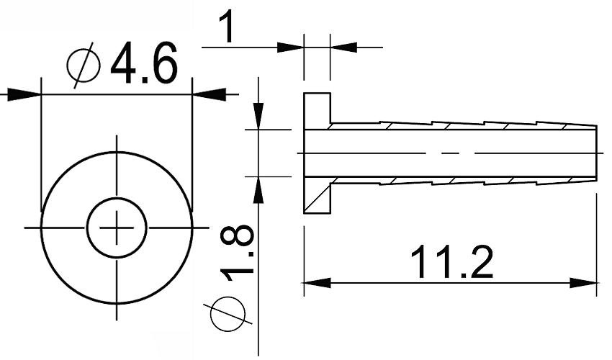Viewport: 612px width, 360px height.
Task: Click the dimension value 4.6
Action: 145,63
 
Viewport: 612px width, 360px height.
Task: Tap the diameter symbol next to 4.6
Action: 84,66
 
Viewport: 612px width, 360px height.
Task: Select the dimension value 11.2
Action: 452,261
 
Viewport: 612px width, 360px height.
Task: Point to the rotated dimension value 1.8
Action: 237,253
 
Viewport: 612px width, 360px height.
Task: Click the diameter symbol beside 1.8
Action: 228,314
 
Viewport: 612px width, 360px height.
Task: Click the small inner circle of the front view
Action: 117,228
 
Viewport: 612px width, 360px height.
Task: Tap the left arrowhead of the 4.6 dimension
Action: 24,94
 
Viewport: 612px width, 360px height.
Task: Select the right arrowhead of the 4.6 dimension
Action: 210,94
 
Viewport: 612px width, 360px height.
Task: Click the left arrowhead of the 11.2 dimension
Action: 318,283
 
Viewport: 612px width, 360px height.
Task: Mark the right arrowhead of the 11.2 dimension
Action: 583,283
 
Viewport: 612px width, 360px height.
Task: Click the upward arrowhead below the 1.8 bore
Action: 258,190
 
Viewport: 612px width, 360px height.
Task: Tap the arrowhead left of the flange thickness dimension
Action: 290,48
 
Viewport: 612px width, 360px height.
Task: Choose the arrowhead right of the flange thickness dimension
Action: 343,48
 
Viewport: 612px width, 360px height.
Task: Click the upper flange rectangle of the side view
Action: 318,112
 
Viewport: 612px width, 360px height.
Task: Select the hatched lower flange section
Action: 318,195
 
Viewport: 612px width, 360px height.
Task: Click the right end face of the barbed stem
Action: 596,153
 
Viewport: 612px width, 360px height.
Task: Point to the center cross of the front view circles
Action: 117,228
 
